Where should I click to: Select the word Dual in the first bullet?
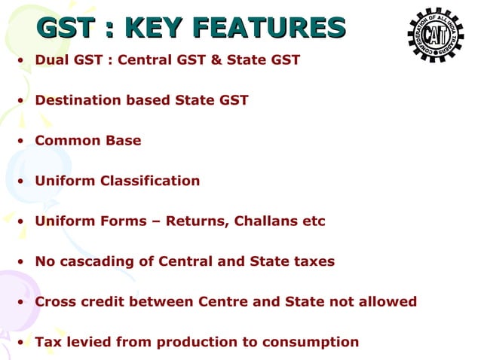[x=51, y=59]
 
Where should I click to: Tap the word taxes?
[x=313, y=261]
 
